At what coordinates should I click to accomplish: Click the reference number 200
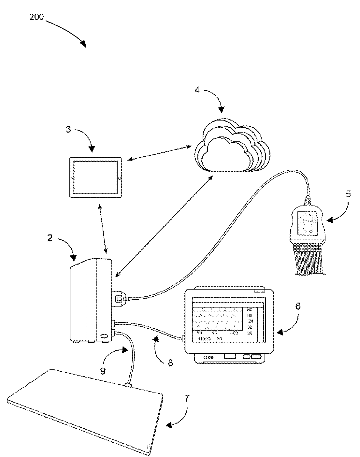(36, 17)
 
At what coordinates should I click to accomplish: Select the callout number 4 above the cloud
(197, 90)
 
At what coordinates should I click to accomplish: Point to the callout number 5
(348, 194)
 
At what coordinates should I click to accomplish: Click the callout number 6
(297, 306)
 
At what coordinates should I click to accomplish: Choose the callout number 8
(170, 363)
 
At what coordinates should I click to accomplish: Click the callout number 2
(50, 238)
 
